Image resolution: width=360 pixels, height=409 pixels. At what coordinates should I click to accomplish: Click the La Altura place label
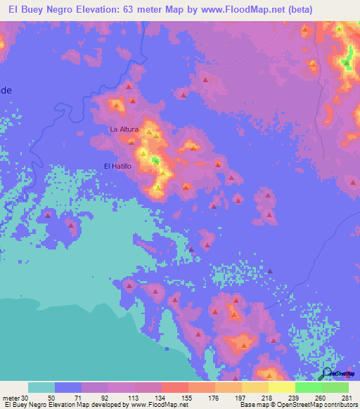[x=124, y=129]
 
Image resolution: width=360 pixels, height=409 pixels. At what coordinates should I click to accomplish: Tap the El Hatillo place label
[x=117, y=166]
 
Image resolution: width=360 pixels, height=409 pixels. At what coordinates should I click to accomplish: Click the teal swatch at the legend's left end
[x=41, y=387]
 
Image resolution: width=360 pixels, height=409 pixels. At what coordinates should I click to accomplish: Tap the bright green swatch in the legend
[x=308, y=387]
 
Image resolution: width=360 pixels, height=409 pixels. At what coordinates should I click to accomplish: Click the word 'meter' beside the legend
[x=12, y=397]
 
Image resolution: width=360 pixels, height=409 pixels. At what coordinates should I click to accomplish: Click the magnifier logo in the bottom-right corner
[x=327, y=374]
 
